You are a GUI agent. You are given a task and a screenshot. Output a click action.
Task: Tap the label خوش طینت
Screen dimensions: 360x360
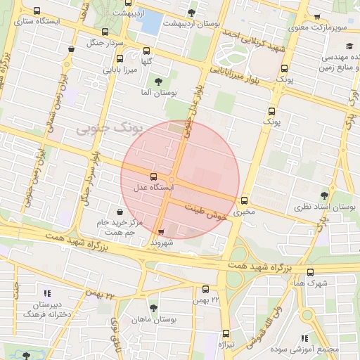[208, 214]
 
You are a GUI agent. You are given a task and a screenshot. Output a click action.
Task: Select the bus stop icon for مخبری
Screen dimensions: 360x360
[245, 200]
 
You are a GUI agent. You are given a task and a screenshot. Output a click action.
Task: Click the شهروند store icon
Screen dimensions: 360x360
[162, 231]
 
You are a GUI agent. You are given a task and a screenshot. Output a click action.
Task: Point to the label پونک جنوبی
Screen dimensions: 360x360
[108, 128]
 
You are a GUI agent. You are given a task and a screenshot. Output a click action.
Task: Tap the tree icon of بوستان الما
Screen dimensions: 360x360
[157, 82]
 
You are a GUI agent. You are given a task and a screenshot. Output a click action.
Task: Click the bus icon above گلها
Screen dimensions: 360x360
[147, 51]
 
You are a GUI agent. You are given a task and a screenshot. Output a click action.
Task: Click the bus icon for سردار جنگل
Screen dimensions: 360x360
[105, 32]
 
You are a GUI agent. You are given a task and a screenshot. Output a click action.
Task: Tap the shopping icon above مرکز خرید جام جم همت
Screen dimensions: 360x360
[121, 212]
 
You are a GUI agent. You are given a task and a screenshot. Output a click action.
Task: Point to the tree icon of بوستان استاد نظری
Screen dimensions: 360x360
[324, 195]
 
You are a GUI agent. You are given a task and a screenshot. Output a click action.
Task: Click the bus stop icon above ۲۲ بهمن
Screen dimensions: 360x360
[206, 289]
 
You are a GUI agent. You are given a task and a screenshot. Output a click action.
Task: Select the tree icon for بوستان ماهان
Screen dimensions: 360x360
[154, 308]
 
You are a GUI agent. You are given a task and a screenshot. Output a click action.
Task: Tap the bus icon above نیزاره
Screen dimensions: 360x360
[226, 333]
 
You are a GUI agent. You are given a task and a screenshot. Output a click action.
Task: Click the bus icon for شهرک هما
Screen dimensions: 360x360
[310, 272]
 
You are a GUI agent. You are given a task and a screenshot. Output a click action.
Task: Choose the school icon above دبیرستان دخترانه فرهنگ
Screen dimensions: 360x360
[47, 293]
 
